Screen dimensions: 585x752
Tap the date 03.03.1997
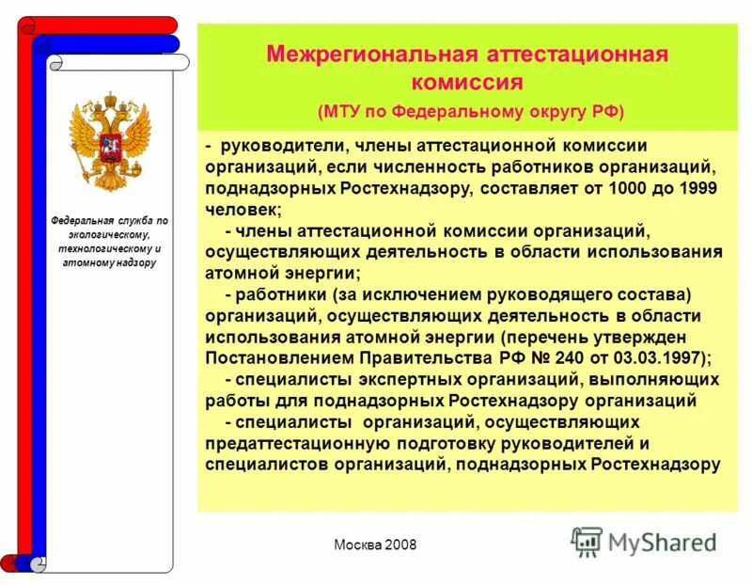click(x=658, y=358)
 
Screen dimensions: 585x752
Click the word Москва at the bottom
click(x=357, y=546)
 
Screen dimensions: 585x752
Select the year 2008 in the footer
click(x=399, y=546)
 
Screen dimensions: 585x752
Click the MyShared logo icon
click(x=587, y=542)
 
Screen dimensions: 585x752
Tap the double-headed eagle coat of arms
click(x=110, y=141)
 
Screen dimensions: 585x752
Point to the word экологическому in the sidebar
click(x=110, y=234)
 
